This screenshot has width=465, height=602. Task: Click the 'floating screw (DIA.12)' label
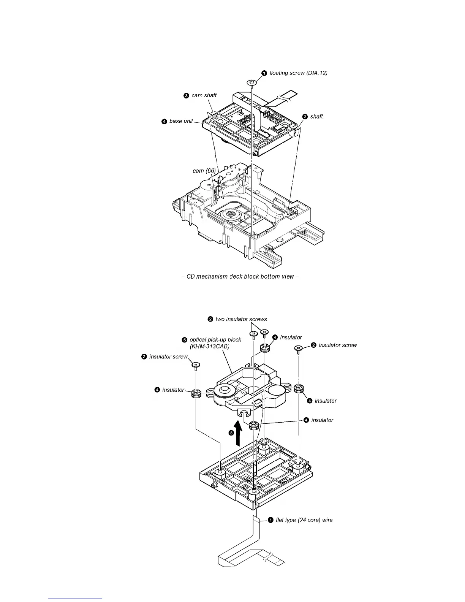(298, 73)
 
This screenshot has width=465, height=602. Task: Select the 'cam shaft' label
(204, 95)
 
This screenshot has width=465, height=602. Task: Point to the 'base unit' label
(181, 122)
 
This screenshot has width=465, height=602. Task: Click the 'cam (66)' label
(204, 171)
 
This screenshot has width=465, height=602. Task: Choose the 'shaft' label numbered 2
(316, 117)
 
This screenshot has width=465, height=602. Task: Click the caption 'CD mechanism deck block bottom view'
(240, 276)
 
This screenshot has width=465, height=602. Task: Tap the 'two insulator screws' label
(241, 319)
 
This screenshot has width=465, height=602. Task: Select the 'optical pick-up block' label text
(215, 340)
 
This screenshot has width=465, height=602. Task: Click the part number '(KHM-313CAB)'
(209, 347)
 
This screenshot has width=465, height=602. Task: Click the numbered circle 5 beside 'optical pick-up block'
(184, 340)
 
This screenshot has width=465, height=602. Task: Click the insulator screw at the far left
(196, 365)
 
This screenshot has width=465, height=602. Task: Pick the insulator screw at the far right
(299, 348)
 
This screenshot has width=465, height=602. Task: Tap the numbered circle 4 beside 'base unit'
(164, 122)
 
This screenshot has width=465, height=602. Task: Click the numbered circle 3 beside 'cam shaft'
(186, 96)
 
